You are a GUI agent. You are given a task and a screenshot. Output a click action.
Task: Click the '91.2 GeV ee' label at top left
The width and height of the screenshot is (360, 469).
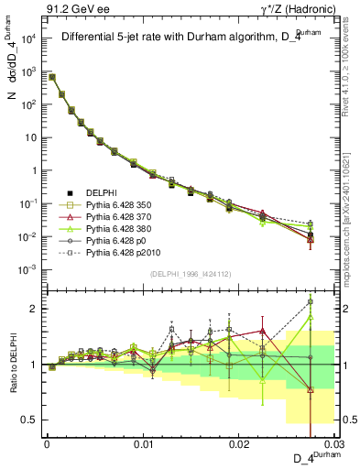point(72,9)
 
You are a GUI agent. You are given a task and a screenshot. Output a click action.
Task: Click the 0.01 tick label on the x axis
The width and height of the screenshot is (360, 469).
point(142,442)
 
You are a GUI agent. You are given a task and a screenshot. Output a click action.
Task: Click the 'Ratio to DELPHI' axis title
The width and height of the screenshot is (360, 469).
point(13,364)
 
